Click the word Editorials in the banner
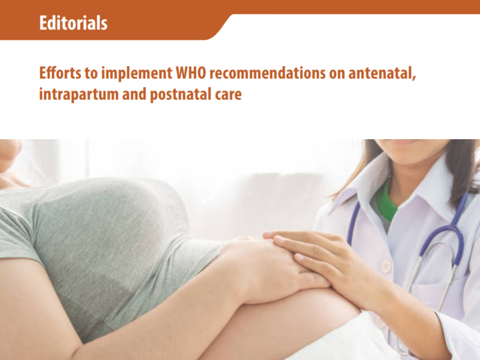click(x=73, y=23)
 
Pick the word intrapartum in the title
click(x=73, y=95)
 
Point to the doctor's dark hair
click(x=457, y=173)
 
